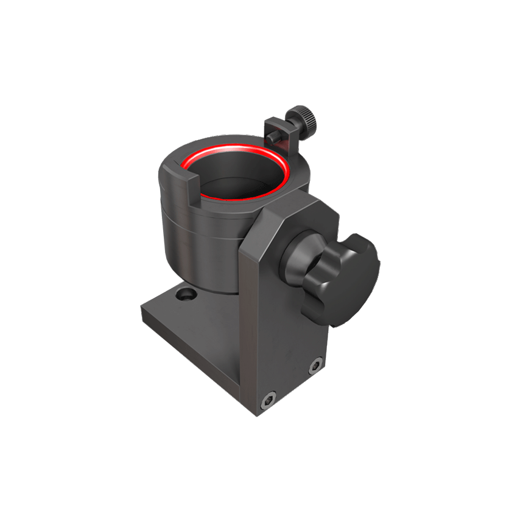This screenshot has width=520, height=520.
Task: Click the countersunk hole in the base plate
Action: click(184, 296)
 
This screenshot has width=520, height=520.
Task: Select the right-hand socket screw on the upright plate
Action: click(314, 366)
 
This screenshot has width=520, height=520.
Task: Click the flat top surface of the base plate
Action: click(201, 317)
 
